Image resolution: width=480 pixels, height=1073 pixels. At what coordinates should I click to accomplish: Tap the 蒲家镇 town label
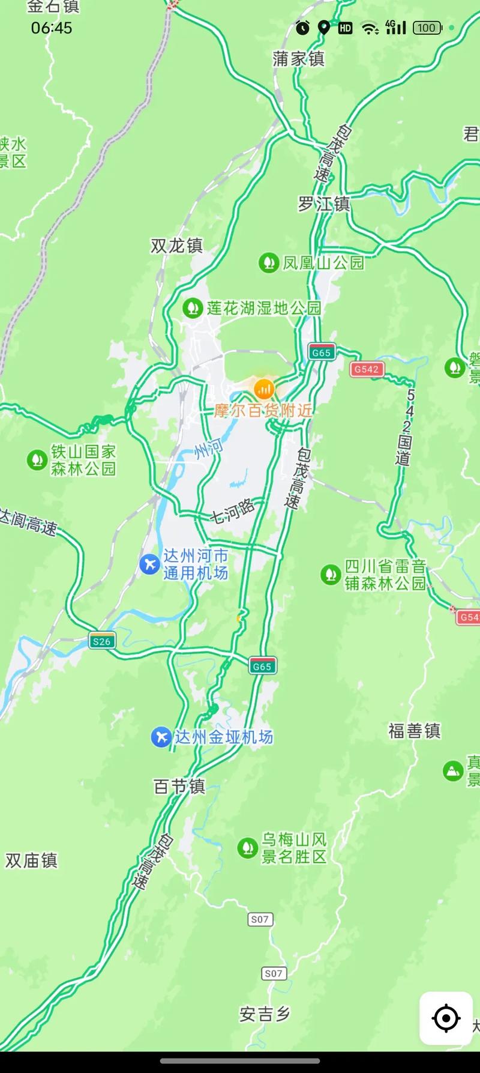click(x=298, y=59)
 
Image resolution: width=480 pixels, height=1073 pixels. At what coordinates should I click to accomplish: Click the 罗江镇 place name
click(x=324, y=204)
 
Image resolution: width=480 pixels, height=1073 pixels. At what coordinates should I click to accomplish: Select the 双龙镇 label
click(x=176, y=246)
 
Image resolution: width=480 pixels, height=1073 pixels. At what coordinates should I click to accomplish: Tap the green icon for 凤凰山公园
click(x=268, y=262)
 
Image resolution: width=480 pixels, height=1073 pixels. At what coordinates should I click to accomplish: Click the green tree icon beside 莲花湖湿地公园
click(x=192, y=308)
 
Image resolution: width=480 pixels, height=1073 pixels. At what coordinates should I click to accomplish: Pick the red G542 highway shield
click(x=367, y=369)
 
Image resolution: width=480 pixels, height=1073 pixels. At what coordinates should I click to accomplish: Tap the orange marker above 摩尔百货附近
click(x=263, y=389)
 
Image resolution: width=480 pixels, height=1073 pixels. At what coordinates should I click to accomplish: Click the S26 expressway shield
click(x=101, y=641)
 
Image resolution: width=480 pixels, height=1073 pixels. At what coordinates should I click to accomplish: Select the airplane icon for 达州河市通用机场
click(x=149, y=564)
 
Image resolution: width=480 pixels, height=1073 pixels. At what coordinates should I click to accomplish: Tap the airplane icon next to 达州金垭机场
click(x=161, y=737)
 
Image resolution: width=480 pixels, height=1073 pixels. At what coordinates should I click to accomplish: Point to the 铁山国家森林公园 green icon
click(x=37, y=460)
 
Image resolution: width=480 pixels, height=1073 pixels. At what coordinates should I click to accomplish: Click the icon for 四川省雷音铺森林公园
click(x=331, y=575)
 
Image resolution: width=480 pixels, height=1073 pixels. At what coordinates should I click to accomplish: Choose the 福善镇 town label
click(x=414, y=731)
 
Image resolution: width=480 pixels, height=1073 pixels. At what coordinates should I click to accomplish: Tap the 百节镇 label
click(x=179, y=786)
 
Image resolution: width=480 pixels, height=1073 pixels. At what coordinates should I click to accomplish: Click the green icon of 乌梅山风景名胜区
click(x=248, y=848)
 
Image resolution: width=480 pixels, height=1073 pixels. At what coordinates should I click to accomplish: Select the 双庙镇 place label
click(x=31, y=860)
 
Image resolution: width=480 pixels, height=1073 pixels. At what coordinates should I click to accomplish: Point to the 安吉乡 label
click(x=265, y=1014)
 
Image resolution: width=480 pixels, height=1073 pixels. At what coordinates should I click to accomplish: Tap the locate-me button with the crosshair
click(x=446, y=1018)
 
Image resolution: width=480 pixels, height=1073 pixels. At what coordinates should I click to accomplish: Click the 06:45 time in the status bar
click(x=52, y=28)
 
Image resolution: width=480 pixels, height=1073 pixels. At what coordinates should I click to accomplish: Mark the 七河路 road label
click(x=232, y=511)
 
